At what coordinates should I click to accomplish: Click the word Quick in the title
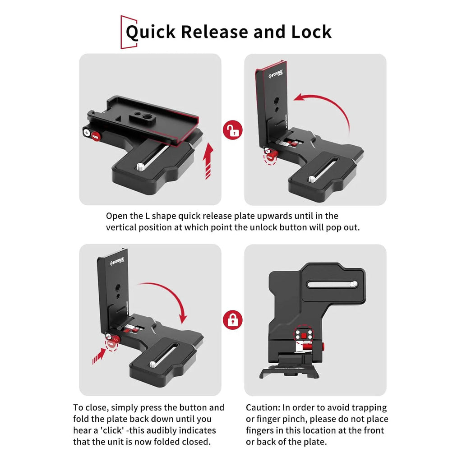pos(151,32)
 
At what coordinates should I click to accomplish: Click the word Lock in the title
pos(311,32)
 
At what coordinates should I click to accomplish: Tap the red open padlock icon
pos(232,130)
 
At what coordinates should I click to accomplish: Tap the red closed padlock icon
pos(232,320)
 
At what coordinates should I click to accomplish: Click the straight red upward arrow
pos(208,161)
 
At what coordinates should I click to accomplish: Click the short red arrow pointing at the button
pos(99,356)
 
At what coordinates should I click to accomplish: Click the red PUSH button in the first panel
pos(96,136)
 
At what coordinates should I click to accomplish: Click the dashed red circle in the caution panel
pos(303,335)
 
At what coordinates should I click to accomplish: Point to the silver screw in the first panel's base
pos(140,168)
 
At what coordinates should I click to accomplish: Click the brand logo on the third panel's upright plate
pos(117,261)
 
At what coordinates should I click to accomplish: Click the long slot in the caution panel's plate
pos(332,284)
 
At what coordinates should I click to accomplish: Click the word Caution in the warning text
pos(263,407)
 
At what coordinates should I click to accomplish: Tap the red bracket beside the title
pos(129,32)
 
